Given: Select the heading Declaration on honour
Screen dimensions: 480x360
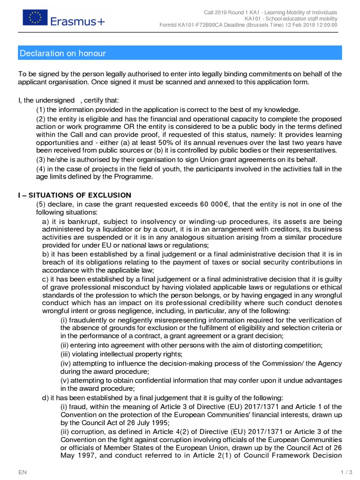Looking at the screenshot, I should pos(63,53).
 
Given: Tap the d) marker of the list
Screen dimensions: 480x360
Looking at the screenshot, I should pos(45,397).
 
